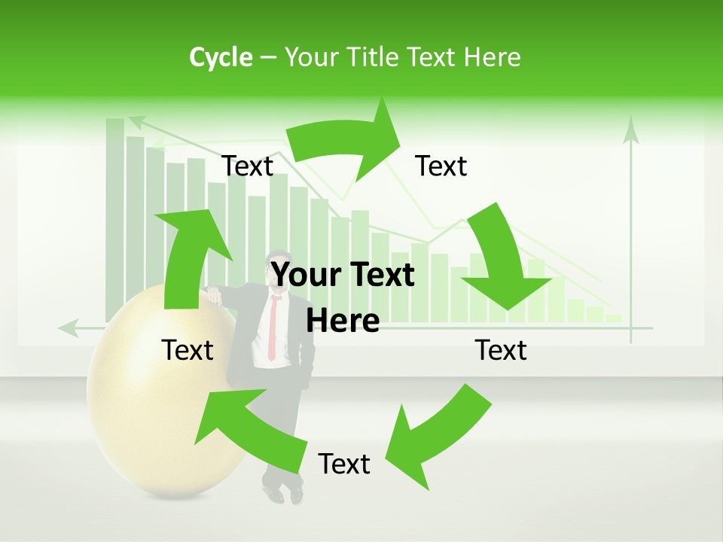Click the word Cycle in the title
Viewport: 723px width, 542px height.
pos(221,57)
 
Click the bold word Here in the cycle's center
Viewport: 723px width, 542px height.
pos(343,321)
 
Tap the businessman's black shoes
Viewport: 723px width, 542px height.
pos(285,493)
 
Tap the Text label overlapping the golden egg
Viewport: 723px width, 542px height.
pos(188,350)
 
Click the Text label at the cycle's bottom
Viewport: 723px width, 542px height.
pos(344,464)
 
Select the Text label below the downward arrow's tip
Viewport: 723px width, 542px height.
pos(501,350)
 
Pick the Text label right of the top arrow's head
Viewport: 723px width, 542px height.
pos(441,166)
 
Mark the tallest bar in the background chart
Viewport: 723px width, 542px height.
pos(115,218)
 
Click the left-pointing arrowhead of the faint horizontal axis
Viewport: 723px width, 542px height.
pos(68,328)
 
